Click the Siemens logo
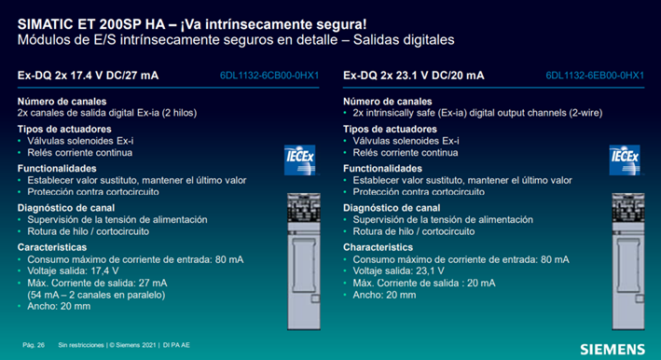pyautogui.click(x=613, y=350)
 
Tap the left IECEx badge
pyautogui.click(x=299, y=160)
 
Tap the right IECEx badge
pyautogui.click(x=625, y=160)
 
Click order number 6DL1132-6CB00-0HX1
pyautogui.click(x=269, y=76)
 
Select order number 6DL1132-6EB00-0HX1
pyautogui.click(x=595, y=76)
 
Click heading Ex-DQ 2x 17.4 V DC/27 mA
pyautogui.click(x=89, y=76)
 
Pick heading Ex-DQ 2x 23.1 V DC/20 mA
pyautogui.click(x=414, y=76)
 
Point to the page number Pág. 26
pyautogui.click(x=34, y=345)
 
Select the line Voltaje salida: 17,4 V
pyautogui.click(x=73, y=271)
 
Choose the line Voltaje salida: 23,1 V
pyautogui.click(x=398, y=271)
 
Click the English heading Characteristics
pyautogui.click(x=378, y=247)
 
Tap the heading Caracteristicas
pyautogui.click(x=52, y=247)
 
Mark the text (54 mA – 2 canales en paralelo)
pyautogui.click(x=96, y=295)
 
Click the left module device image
pyautogui.click(x=304, y=261)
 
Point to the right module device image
pyautogui.click(x=628, y=261)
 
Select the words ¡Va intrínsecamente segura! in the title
pyautogui.click(x=273, y=24)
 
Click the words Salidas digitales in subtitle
pyautogui.click(x=404, y=40)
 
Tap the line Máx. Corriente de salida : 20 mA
pyautogui.click(x=424, y=283)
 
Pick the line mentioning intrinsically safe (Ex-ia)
pyautogui.click(x=477, y=113)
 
